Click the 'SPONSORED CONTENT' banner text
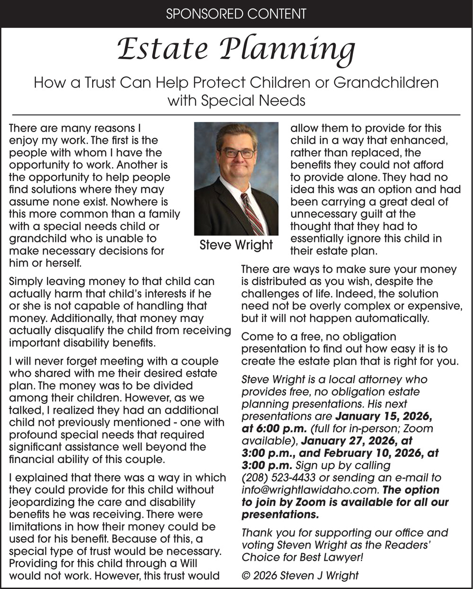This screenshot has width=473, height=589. pyautogui.click(x=236, y=14)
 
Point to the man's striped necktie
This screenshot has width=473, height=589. pyautogui.click(x=254, y=214)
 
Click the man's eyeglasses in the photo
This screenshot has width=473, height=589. pyautogui.click(x=238, y=153)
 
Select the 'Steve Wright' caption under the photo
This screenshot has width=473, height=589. pyautogui.click(x=236, y=245)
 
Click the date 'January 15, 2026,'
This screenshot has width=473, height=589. pyautogui.click(x=383, y=417)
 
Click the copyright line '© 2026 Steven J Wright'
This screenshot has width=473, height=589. pyautogui.click(x=300, y=576)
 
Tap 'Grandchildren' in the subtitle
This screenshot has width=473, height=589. pyautogui.click(x=386, y=83)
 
